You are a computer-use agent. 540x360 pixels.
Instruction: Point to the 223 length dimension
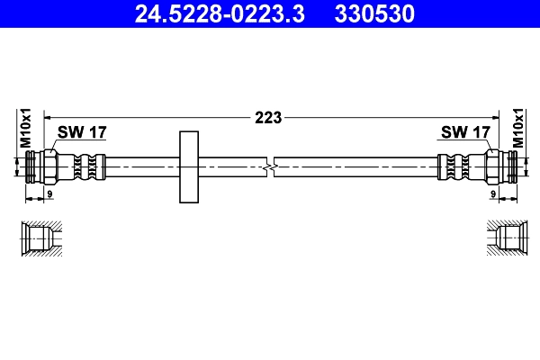[x=269, y=116]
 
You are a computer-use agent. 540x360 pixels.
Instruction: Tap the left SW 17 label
[x=82, y=132]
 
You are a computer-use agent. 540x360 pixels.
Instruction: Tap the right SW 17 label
[x=464, y=132]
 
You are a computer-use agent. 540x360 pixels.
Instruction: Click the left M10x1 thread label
[x=26, y=128]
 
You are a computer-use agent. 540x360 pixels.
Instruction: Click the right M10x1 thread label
[x=517, y=128]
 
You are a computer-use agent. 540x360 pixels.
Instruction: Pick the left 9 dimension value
[x=49, y=193]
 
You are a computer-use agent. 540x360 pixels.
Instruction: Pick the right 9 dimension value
[x=493, y=193]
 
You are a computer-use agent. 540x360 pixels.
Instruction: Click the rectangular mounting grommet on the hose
[x=189, y=166]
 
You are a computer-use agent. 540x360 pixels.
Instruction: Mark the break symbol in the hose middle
[x=270, y=166]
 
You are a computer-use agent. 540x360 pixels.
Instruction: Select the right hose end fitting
[x=499, y=166]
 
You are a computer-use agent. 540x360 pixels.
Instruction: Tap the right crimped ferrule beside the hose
[x=455, y=166]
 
